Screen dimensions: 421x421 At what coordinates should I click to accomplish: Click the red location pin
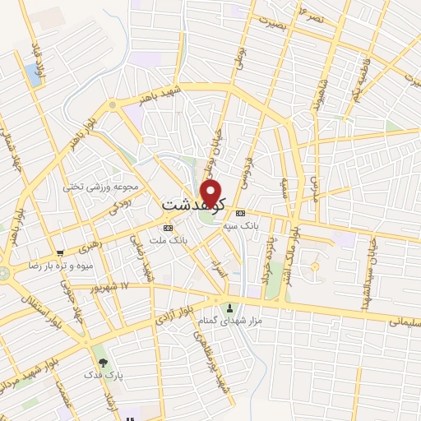(x=212, y=194)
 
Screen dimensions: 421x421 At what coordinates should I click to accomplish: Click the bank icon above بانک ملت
(x=169, y=227)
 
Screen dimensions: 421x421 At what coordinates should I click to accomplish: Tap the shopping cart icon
(x=60, y=253)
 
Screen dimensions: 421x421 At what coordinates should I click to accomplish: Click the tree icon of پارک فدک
(x=103, y=362)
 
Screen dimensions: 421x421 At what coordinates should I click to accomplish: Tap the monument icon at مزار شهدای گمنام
(x=229, y=306)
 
